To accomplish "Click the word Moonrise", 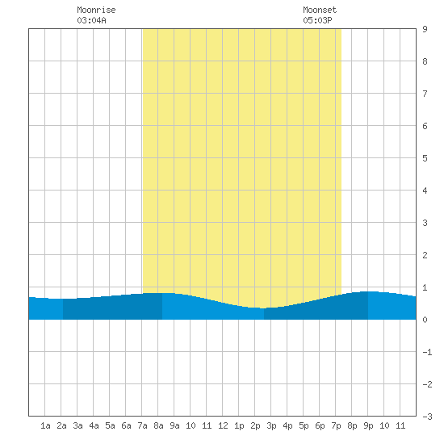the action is [96, 10].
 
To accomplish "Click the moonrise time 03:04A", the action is [91, 20].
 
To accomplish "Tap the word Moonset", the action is [320, 10].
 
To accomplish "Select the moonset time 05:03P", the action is [317, 20].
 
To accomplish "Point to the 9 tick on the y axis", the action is [425, 29].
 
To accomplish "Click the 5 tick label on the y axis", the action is [425, 158].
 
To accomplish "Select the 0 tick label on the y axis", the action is [425, 320].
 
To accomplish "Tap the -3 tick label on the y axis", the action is [427, 417].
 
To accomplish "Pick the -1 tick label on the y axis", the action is [427, 352].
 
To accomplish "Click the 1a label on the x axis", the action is [45, 425].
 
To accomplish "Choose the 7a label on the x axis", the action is [142, 425].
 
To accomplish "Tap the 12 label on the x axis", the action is [223, 425].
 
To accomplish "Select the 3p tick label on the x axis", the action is [271, 425].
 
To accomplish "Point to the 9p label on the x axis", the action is [368, 425].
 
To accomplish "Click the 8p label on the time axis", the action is [352, 425].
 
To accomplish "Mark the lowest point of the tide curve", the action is [264, 308].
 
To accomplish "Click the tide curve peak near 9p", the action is [370, 291].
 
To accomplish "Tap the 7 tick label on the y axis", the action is [425, 94].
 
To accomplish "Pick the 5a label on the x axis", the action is [110, 425].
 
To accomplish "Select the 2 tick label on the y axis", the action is [425, 255].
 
